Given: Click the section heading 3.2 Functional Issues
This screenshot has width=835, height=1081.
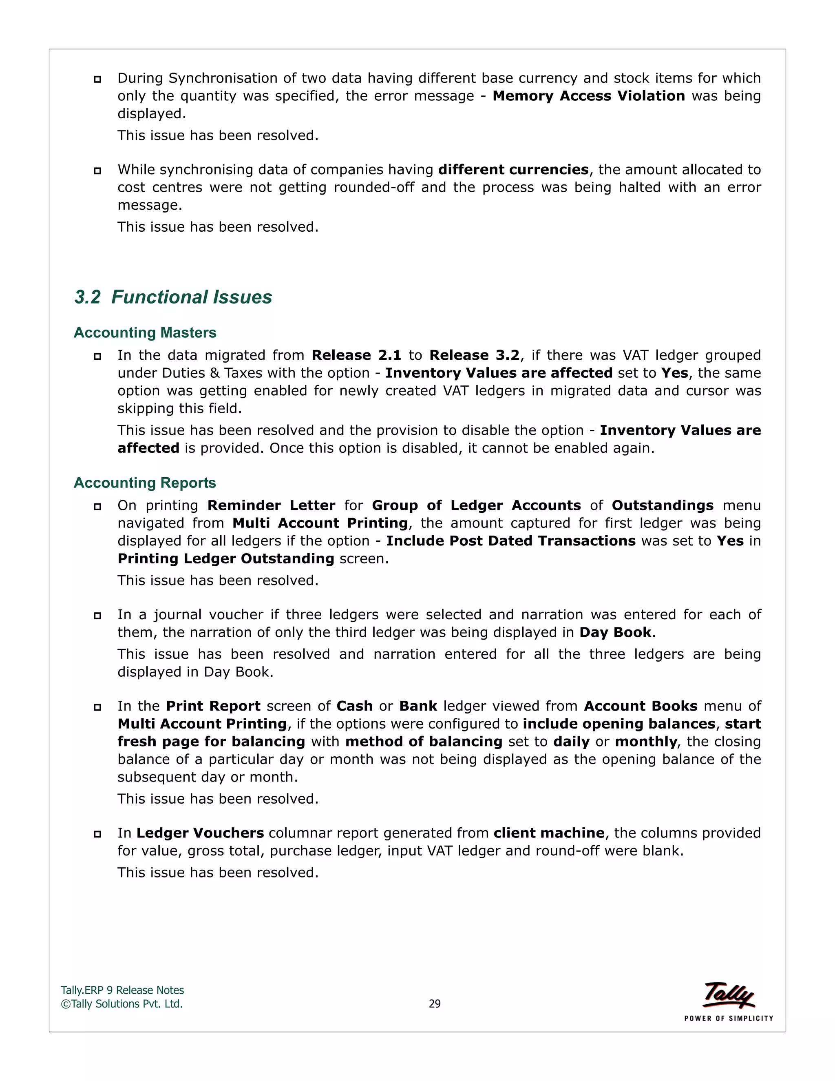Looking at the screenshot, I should (173, 297).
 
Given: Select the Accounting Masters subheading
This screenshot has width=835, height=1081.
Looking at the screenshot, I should (145, 332).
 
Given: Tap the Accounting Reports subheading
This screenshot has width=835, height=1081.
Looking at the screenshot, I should (145, 483).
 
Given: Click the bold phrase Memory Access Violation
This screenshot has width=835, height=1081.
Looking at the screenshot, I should (589, 95).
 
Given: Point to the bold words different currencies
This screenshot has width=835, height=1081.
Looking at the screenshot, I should (513, 169).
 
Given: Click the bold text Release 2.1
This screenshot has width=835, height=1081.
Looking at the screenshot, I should (356, 355).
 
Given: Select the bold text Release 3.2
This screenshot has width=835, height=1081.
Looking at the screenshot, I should (475, 355).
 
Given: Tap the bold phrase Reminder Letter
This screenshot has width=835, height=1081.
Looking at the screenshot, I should (271, 505).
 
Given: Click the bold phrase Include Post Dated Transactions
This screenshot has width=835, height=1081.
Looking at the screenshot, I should (510, 540).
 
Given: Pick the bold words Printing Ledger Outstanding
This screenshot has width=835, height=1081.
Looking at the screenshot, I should (226, 558).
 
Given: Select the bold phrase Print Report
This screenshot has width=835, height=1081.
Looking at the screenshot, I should (213, 706).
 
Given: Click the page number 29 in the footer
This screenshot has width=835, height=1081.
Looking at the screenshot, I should (434, 1003).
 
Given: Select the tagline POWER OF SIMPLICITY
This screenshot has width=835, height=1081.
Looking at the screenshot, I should (729, 1018).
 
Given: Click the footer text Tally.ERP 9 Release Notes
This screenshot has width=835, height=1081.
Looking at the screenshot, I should (122, 990).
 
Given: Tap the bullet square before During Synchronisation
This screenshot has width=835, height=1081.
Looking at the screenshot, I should (97, 79).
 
